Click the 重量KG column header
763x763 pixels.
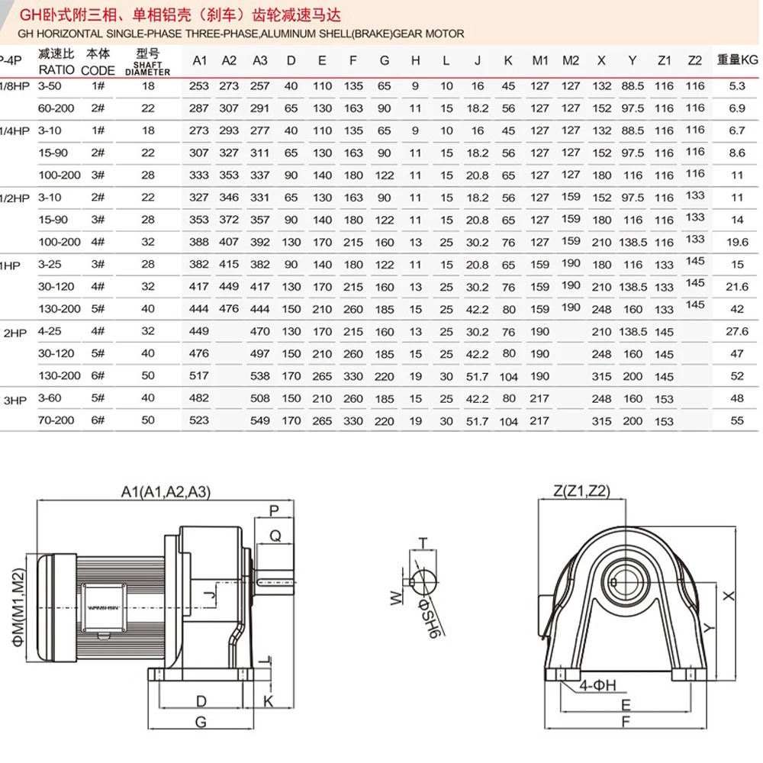click(737, 60)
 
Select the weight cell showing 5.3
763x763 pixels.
click(737, 86)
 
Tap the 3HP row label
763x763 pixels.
click(14, 401)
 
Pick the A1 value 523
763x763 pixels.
click(198, 420)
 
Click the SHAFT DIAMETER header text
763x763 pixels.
click(147, 68)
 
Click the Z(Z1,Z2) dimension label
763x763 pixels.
click(581, 491)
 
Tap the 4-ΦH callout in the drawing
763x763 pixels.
click(597, 685)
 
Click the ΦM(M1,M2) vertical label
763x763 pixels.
click(18, 607)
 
